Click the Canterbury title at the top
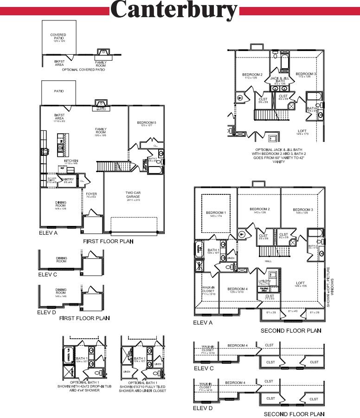(174, 10)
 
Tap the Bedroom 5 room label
(147, 123)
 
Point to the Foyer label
(91, 195)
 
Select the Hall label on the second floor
(268, 261)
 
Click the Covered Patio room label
(58, 36)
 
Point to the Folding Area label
(264, 289)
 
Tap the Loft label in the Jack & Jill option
(302, 132)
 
